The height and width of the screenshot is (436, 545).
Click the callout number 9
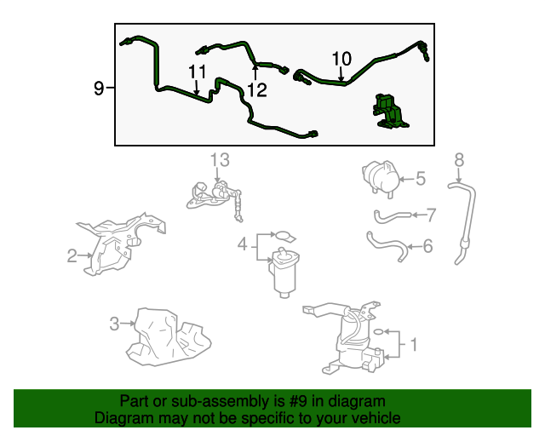99,88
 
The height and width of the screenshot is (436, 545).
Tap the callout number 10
341,59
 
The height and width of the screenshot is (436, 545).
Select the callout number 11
197,72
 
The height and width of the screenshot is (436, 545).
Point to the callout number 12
257,90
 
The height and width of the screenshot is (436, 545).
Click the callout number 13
220,160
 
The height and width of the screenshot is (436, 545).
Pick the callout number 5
421,179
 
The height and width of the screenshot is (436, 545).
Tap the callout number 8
459,160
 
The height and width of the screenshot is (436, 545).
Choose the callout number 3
114,324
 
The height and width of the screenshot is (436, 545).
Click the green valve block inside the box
390,112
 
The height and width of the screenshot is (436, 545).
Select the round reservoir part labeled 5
381,179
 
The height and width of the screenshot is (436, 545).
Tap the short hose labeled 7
392,216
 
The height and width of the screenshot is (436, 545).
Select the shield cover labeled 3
167,337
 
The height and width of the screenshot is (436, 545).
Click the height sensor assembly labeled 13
215,198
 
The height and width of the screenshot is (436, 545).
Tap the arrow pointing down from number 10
341,74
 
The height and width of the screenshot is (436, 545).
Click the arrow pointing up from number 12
255,73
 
